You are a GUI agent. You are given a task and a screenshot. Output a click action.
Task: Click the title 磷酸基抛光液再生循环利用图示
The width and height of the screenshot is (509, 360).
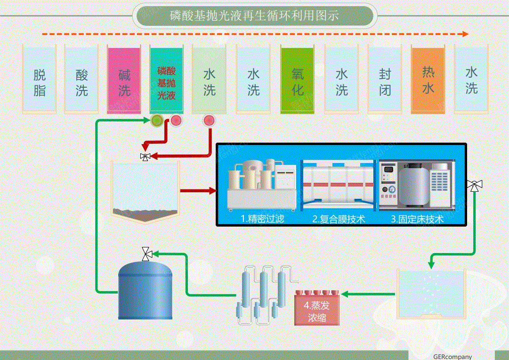pos(254,16)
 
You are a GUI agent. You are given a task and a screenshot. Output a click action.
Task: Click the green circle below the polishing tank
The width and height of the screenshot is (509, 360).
pos(157,121)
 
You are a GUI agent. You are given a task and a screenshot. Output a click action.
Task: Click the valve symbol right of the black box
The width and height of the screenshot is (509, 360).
pos(473,186)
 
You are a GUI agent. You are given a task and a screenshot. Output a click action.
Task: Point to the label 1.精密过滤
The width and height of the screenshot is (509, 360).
pos(262,219)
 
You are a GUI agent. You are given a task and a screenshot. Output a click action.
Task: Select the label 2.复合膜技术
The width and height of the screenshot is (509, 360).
pos(339,219)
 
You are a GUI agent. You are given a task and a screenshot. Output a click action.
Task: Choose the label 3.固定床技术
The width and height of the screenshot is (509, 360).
pos(417,219)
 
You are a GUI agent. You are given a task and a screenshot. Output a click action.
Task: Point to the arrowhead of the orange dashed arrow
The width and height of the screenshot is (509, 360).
pos(465,34)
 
